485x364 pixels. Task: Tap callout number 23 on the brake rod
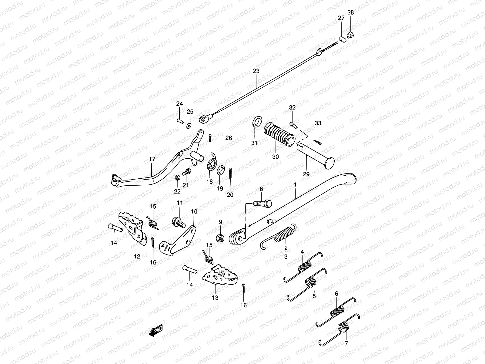point(256,71)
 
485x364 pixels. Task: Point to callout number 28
point(350,12)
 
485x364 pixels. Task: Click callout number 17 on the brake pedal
point(152,159)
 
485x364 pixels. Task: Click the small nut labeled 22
point(177,178)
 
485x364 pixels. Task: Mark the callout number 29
point(306,174)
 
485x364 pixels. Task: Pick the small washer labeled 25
point(189,125)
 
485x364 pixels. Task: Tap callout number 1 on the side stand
point(295,184)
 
